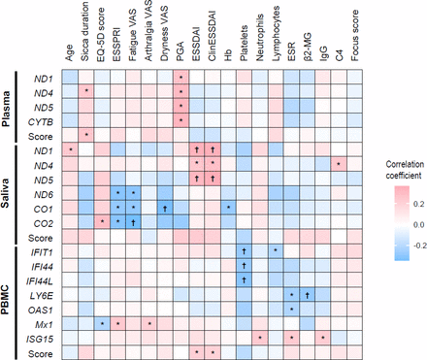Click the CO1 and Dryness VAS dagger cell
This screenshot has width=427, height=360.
[165, 207]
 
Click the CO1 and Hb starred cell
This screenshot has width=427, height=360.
[227, 207]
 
